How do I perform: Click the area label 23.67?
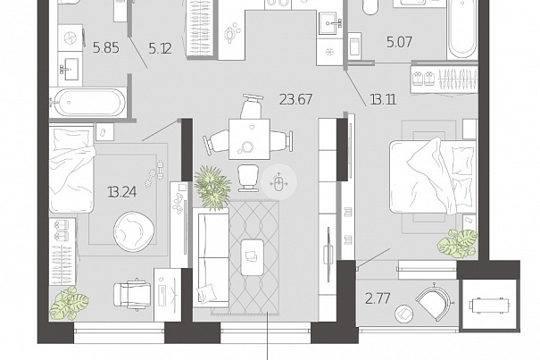pyautogui.click(x=295, y=100)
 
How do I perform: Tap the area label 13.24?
pyautogui.click(x=122, y=192)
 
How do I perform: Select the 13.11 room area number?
pyautogui.click(x=383, y=100)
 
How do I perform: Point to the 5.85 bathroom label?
pyautogui.click(x=106, y=48)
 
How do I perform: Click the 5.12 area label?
pyautogui.click(x=160, y=48)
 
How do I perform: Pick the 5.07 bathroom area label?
pyautogui.click(x=399, y=42)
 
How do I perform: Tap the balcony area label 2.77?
pyautogui.click(x=378, y=298)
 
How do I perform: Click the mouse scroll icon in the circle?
pyautogui.click(x=279, y=182)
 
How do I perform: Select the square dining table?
pyautogui.click(x=249, y=139)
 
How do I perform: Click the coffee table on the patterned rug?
pyautogui.click(x=253, y=257)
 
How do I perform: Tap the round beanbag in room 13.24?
pyautogui.click(x=134, y=231)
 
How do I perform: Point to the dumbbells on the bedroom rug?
pyautogui.click(x=154, y=174)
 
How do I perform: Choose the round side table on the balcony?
pyautogui.click(x=404, y=314)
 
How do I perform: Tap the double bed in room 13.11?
pyautogui.click(x=433, y=177)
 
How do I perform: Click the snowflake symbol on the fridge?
pyautogui.click(x=330, y=52)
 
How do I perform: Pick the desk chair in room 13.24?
pyautogui.click(x=132, y=294)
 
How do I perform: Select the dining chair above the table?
pyautogui.click(x=252, y=106)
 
